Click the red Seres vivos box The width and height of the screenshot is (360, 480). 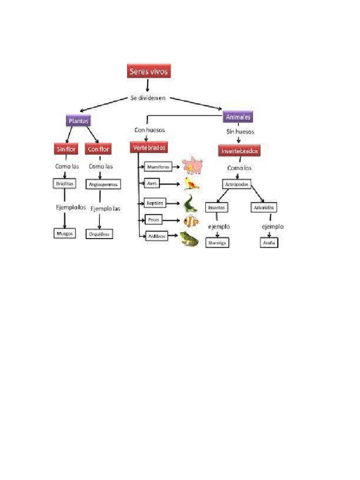coord(148,71)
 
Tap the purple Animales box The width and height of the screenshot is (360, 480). coord(238,117)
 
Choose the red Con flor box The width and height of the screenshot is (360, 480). coord(98,149)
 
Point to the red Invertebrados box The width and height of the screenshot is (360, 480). coord(239,151)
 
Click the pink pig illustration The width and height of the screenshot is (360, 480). coord(192,165)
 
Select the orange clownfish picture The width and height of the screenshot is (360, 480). coord(190,220)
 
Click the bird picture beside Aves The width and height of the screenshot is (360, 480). coord(191,183)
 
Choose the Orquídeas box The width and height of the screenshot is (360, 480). coord(99,233)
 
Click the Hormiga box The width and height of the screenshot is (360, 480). coord(217,242)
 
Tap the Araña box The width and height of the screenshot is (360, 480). coord(269,243)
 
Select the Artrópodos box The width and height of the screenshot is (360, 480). coord(236,183)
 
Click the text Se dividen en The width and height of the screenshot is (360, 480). coord(148,98)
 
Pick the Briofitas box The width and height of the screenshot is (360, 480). coord(64,184)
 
